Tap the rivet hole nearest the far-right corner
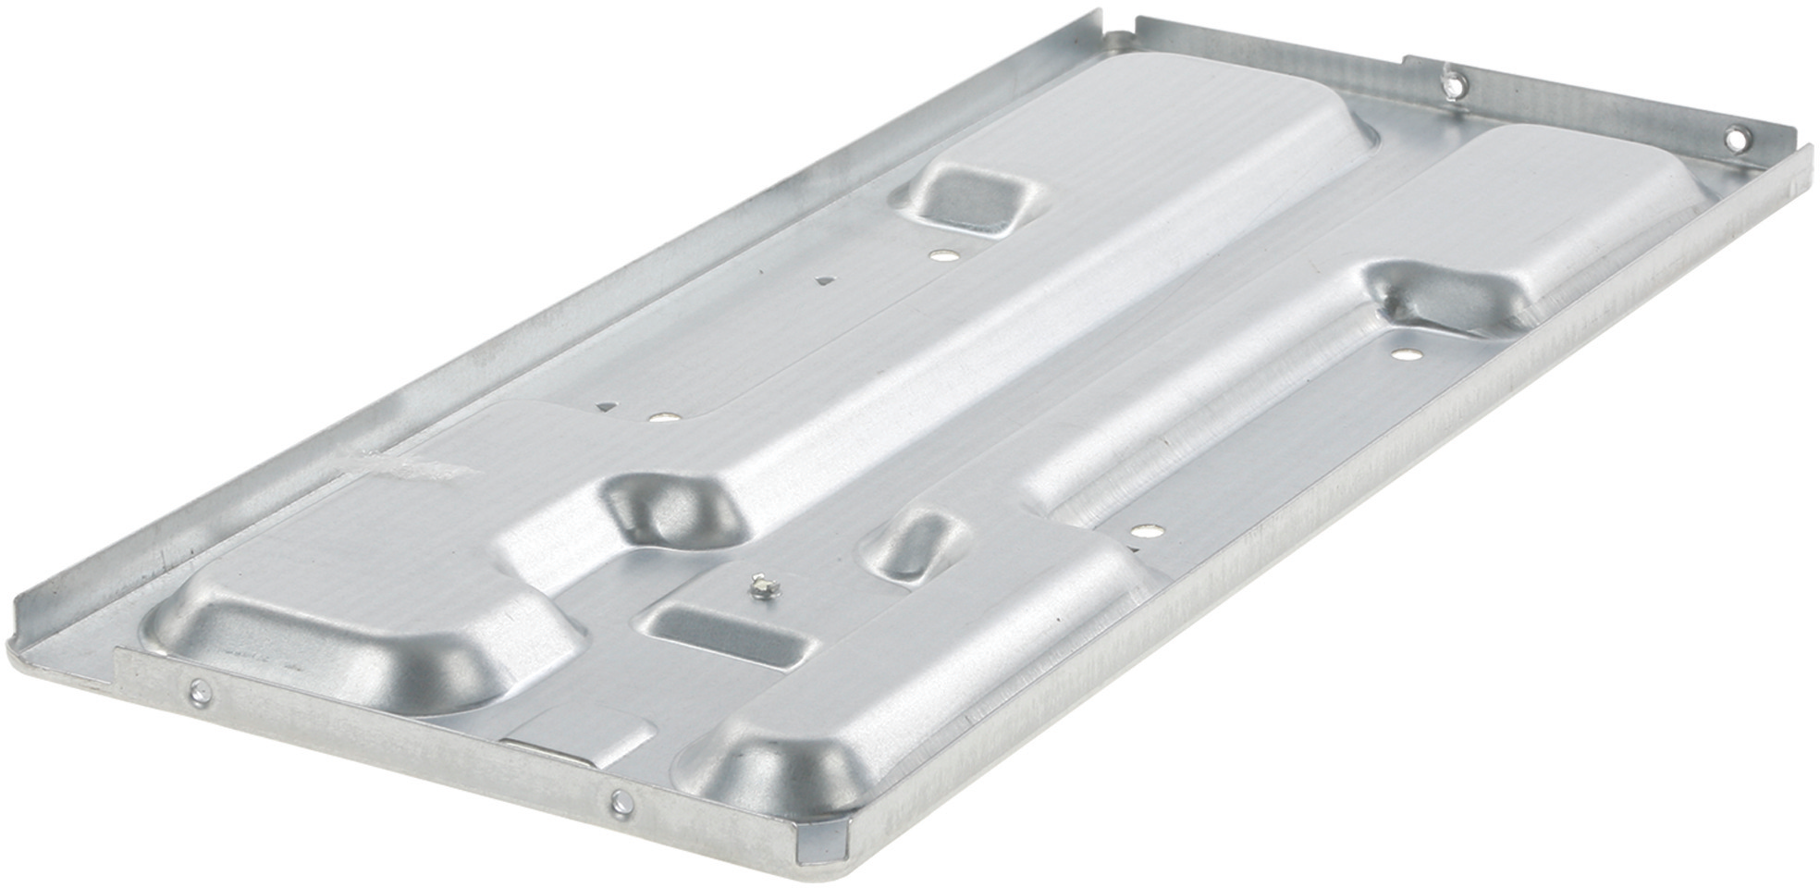1735,140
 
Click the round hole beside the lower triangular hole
659,417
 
